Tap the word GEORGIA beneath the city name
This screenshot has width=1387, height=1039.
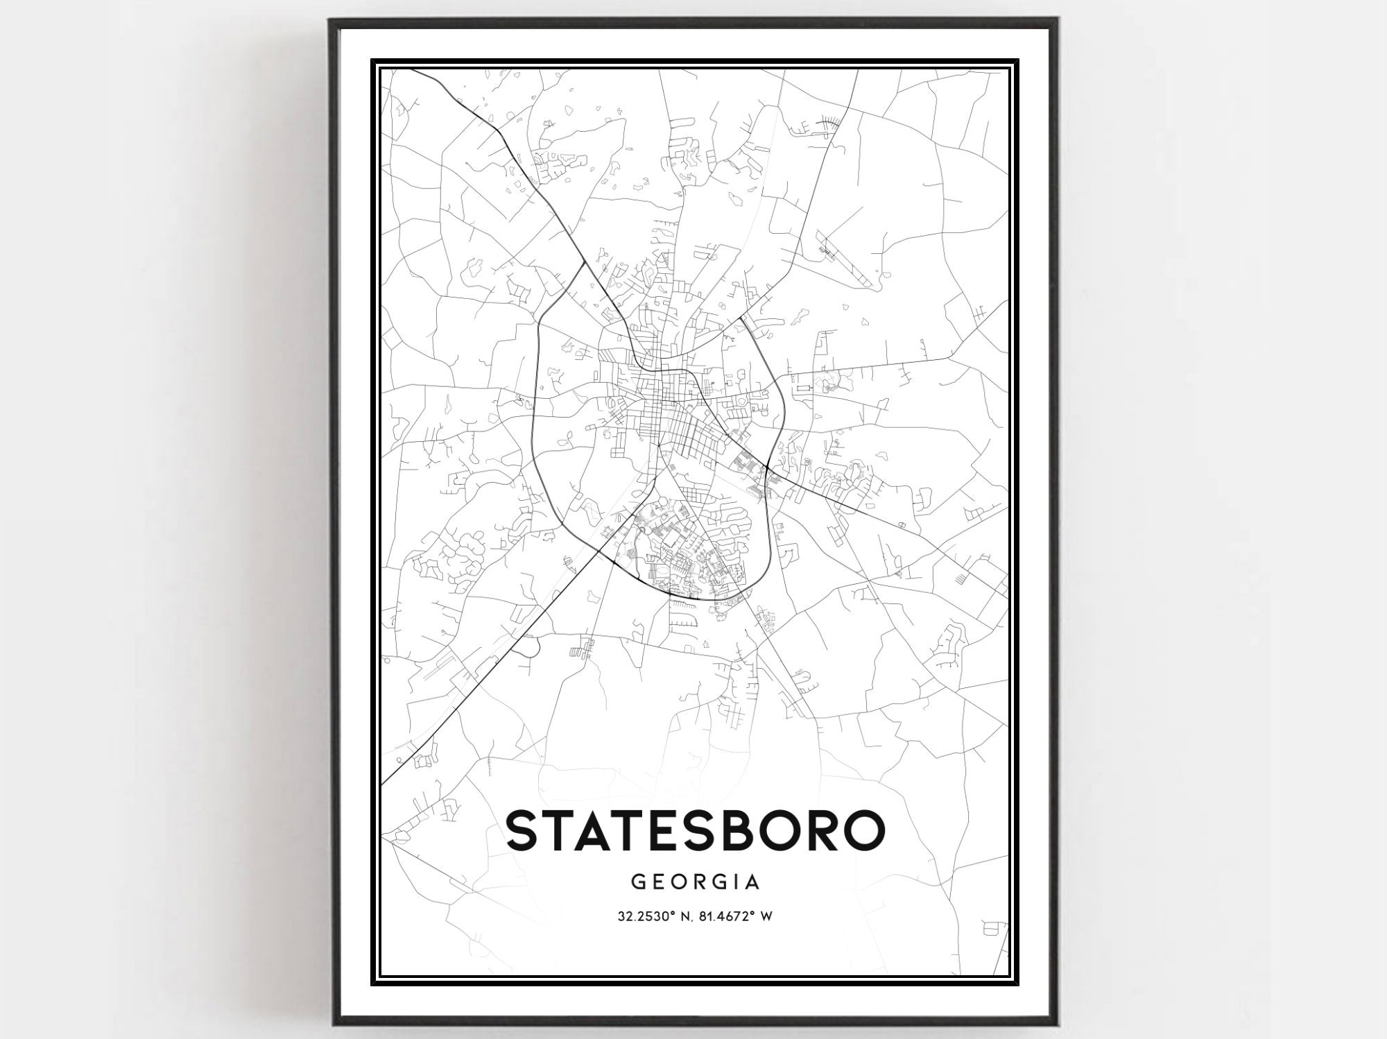696,882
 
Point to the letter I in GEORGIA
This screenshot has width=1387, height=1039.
734,882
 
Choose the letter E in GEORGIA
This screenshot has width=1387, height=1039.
658,882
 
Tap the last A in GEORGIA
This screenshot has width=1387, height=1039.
753,882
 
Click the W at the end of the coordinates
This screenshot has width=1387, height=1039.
766,916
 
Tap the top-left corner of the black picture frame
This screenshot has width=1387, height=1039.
331,22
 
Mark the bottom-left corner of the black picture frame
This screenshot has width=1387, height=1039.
331,1024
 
